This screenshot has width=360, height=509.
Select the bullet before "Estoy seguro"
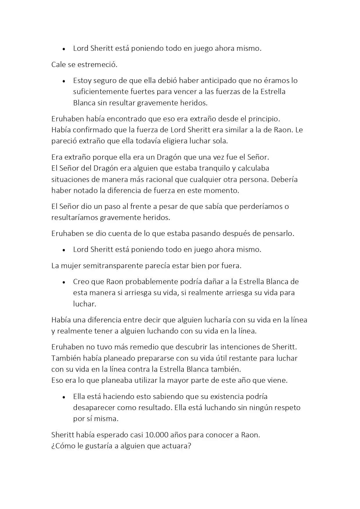(64, 81)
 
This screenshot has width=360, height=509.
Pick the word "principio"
(264, 119)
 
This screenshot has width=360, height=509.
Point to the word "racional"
(159, 179)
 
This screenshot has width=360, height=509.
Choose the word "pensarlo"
(278, 234)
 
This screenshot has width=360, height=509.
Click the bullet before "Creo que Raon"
(64, 282)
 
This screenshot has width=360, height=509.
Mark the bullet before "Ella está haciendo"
(64, 397)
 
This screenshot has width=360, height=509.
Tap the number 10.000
(157, 435)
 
